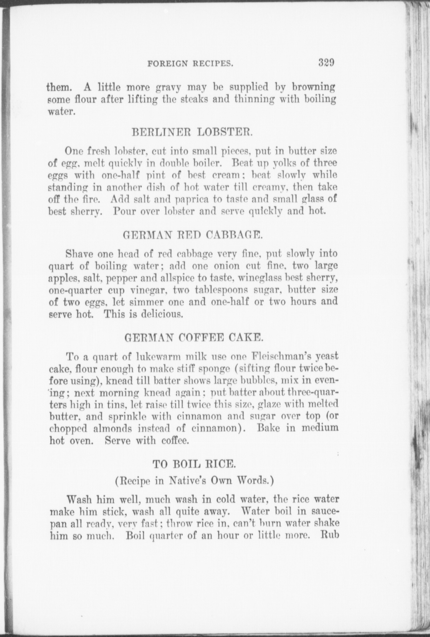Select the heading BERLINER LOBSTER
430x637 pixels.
pos(192,131)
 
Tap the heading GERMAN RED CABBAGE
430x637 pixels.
pos(192,235)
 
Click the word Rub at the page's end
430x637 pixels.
pos(329,536)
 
